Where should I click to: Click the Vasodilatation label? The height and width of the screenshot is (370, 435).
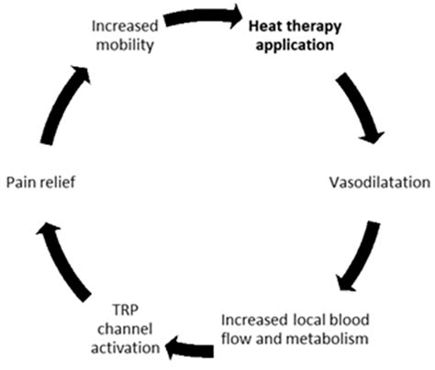tap(376, 183)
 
